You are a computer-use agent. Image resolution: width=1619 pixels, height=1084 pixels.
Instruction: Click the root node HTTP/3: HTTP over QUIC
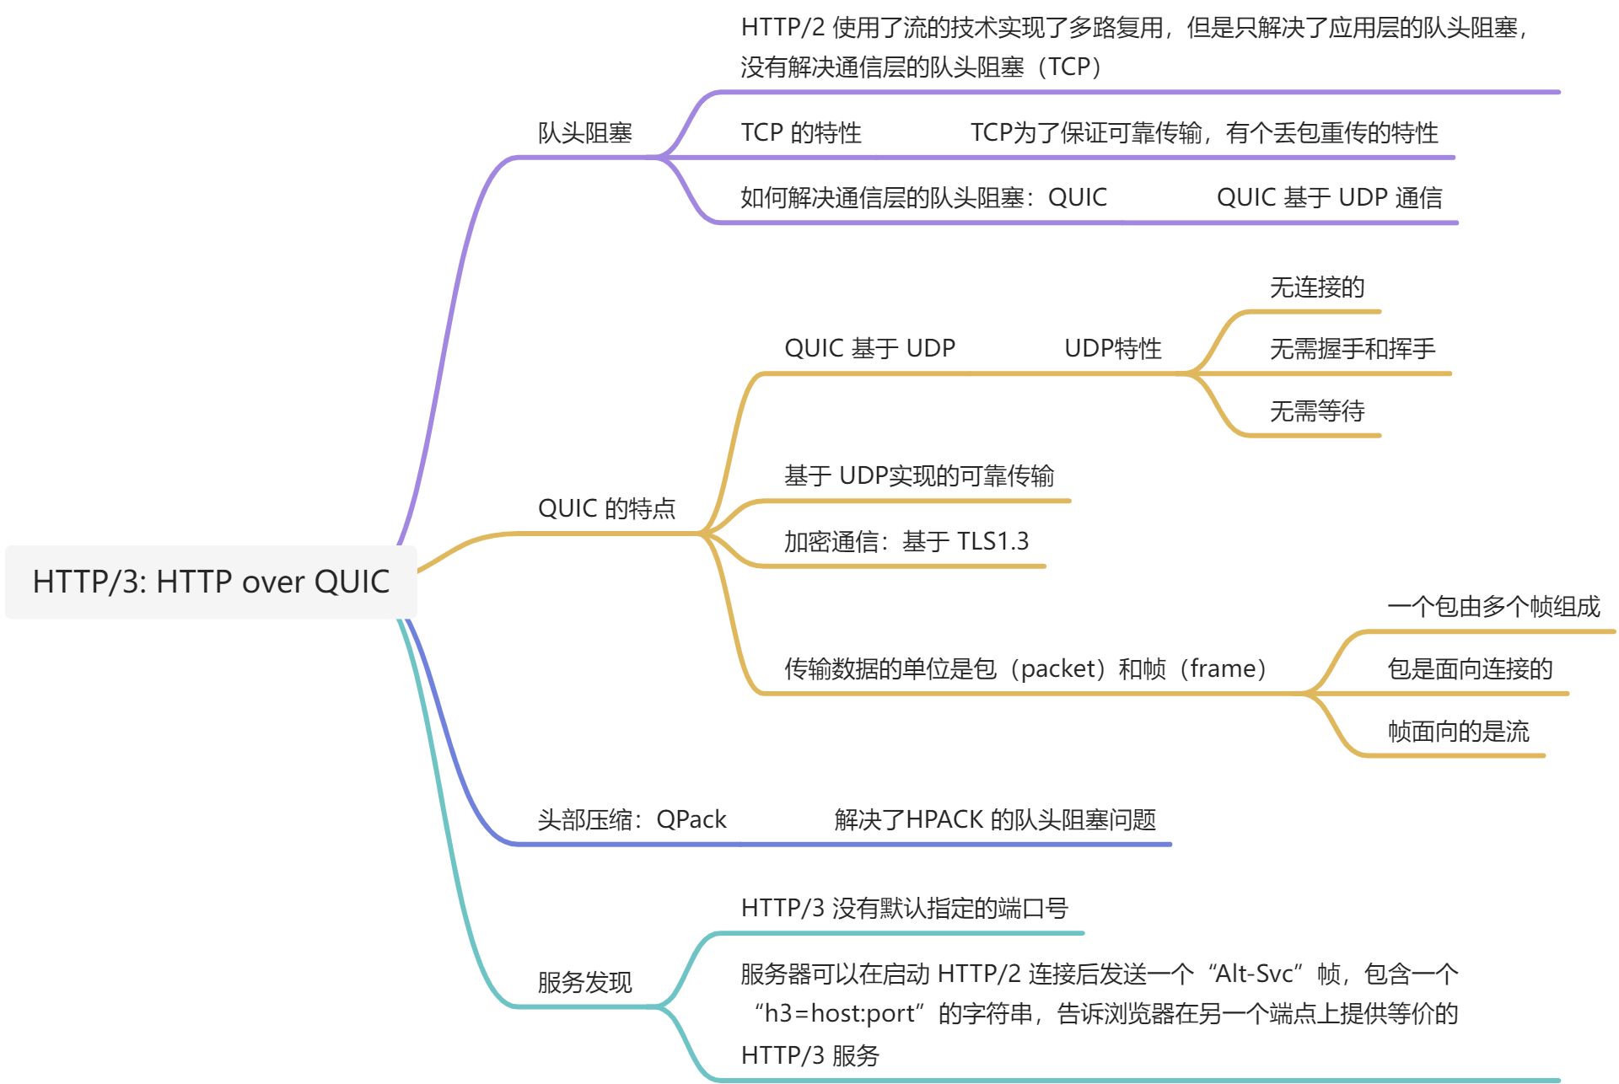tap(211, 582)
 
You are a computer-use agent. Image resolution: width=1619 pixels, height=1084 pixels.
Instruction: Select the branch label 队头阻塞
tap(584, 132)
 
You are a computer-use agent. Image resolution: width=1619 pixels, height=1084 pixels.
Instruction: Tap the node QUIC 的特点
tap(606, 508)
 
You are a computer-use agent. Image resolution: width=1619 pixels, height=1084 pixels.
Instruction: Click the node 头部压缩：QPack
tap(632, 819)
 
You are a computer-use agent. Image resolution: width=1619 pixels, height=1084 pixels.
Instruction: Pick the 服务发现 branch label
tap(584, 982)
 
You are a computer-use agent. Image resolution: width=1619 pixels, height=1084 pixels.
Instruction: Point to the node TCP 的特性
tap(800, 132)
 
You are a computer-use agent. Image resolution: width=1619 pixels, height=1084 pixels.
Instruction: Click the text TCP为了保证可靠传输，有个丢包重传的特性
tap(1203, 132)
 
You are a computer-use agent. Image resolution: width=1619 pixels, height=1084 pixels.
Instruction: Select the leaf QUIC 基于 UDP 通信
tap(1329, 197)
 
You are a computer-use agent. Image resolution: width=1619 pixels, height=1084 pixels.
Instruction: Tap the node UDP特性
tap(1112, 348)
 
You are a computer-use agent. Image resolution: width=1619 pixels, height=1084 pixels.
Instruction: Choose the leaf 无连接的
tap(1316, 287)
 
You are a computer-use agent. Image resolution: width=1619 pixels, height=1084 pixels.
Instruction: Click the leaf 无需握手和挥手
tap(1352, 348)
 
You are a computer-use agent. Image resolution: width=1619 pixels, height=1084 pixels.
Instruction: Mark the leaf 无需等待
tap(1316, 411)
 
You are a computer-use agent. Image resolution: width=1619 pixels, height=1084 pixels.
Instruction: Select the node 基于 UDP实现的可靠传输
tap(918, 476)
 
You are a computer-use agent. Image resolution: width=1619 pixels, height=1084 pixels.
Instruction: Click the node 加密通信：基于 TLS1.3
tap(906, 541)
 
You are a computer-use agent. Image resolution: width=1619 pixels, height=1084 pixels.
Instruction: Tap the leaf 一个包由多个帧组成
tap(1493, 606)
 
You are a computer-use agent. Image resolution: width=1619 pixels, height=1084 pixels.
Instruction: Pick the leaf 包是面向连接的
tap(1469, 668)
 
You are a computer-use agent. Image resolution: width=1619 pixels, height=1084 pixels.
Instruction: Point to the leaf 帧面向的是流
tap(1457, 731)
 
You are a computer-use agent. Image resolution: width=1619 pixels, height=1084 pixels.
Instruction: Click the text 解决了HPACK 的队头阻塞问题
tap(994, 819)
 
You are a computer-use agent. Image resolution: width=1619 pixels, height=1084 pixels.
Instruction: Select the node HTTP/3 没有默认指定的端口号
tap(904, 908)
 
